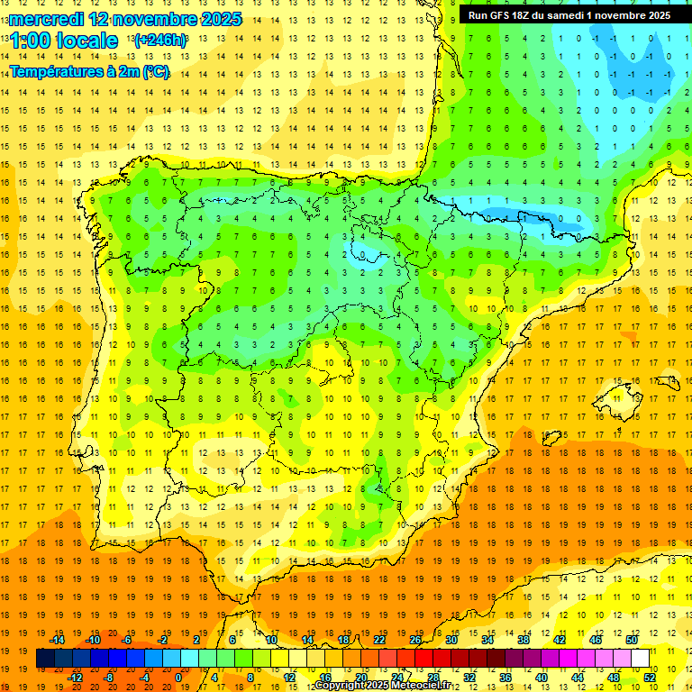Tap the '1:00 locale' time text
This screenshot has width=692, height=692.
[x=64, y=41]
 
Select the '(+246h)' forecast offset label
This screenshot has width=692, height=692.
[x=160, y=41]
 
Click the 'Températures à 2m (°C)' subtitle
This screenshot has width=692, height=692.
[x=89, y=72]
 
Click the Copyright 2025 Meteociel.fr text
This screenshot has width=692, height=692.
[x=382, y=686]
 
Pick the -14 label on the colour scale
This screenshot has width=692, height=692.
[x=58, y=640]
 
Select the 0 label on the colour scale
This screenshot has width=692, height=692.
[x=178, y=678]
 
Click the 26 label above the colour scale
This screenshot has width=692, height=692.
[x=415, y=640]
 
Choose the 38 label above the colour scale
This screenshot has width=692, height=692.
[x=524, y=640]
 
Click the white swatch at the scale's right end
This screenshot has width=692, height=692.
[x=641, y=659]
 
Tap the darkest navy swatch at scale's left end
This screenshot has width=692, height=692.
[x=45, y=659]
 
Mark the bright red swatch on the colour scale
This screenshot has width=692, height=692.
[x=423, y=659]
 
